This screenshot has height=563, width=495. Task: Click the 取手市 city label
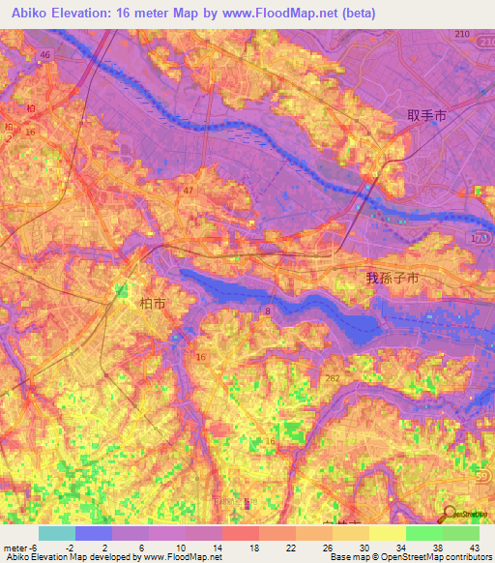(x=426, y=114)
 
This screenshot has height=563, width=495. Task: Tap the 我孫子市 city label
(x=392, y=278)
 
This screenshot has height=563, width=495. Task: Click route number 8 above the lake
(x=267, y=310)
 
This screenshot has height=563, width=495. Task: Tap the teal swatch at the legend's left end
(x=57, y=533)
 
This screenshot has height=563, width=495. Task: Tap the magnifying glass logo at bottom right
(x=448, y=514)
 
